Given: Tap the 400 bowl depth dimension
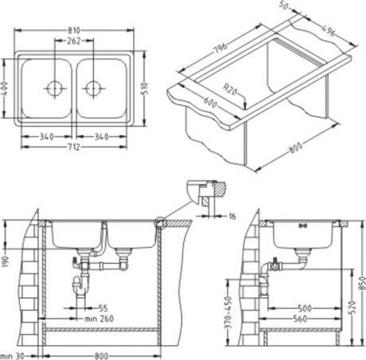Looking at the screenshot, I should [6, 87].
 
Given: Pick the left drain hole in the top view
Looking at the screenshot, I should [56, 86].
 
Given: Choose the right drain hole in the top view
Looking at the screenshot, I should [94, 86].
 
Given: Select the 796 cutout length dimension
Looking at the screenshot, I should [222, 48].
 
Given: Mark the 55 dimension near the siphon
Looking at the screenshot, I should [103, 307].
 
